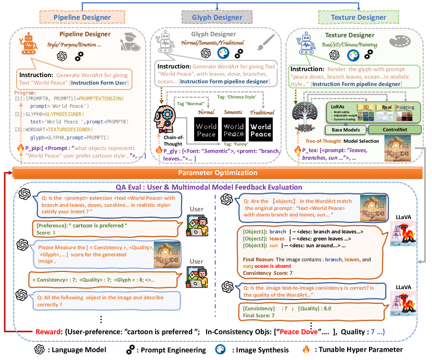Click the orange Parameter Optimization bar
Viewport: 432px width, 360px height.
click(x=216, y=172)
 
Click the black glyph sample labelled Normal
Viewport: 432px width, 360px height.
click(x=206, y=130)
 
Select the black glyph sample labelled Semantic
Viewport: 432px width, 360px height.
click(x=234, y=130)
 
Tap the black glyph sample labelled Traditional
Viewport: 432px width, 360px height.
click(x=261, y=130)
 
